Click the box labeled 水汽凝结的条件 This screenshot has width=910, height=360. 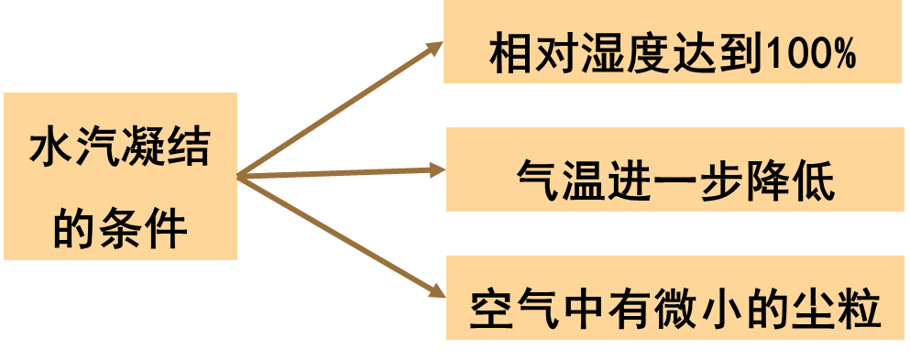[119, 176]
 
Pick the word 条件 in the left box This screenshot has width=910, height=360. [142, 227]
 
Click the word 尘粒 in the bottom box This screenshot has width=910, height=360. [839, 311]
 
